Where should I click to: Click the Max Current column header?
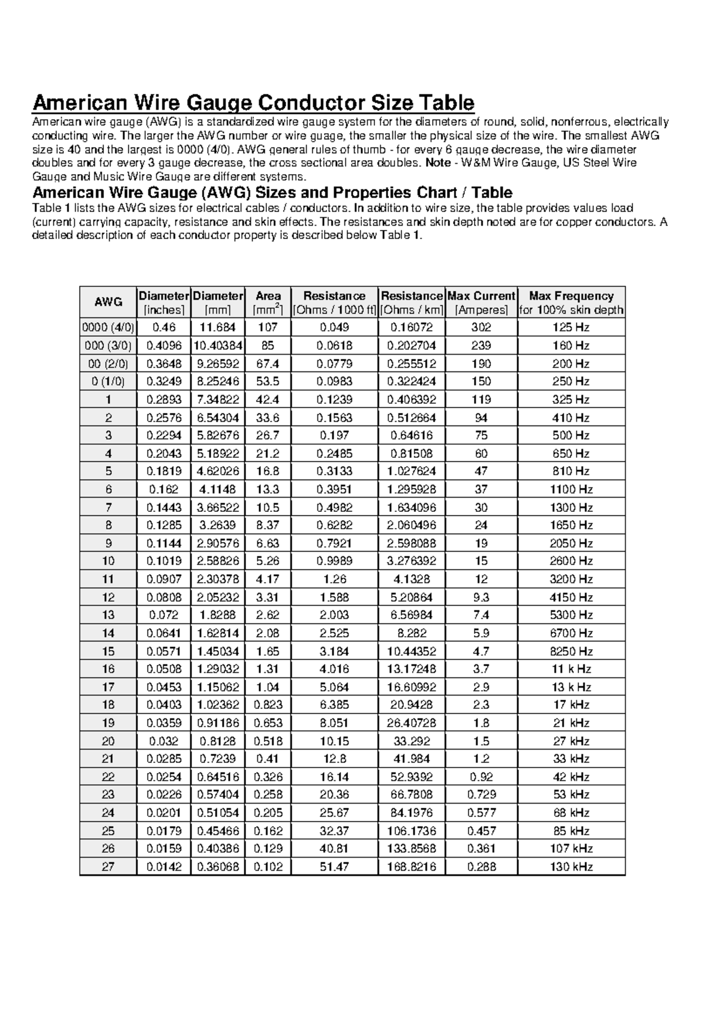coord(481,302)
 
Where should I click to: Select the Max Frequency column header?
coord(571,302)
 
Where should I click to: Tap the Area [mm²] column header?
coord(268,302)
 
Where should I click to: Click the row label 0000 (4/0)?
coord(108,327)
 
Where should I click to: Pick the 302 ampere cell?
coord(481,327)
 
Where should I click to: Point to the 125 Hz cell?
coord(571,327)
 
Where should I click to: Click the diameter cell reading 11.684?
coord(218,327)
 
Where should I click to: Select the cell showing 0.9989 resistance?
coord(334,561)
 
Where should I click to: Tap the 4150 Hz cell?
coord(571,597)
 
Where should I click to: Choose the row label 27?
coord(108,867)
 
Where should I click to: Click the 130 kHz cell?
coord(571,867)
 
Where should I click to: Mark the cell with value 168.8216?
coord(412,867)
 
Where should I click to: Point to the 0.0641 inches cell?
coord(164,633)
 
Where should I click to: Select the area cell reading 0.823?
coord(268,705)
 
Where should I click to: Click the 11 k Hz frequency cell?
coord(571,669)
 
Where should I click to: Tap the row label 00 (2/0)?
coord(108,364)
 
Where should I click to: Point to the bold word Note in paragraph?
coord(437,163)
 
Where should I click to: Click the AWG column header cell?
coord(108,302)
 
